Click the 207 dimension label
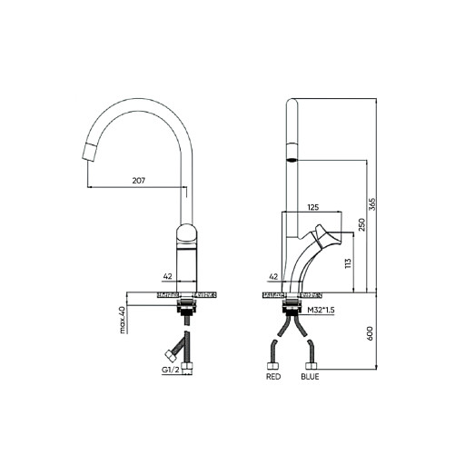139,181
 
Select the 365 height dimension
372,204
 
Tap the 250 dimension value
362,224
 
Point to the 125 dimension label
313,207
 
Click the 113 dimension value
348,263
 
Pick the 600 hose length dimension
371,333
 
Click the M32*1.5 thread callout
321,310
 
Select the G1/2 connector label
171,370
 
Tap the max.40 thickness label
122,320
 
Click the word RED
273,377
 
